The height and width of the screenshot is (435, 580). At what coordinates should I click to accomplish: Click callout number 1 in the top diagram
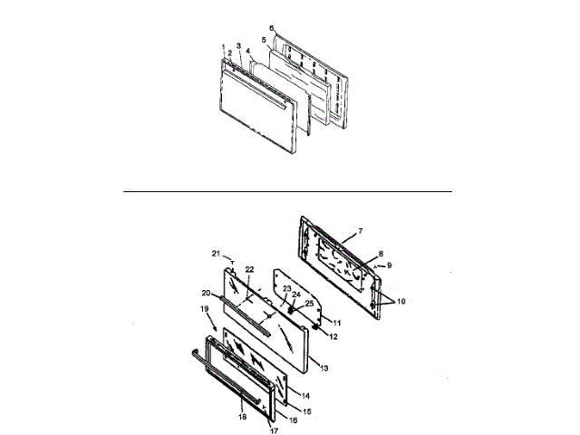tap(221, 46)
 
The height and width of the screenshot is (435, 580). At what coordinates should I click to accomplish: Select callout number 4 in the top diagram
tap(248, 52)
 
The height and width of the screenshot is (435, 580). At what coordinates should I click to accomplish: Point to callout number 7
tap(359, 231)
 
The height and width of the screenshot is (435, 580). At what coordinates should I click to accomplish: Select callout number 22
tap(248, 271)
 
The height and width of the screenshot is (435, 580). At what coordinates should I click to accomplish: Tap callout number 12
tap(309, 338)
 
